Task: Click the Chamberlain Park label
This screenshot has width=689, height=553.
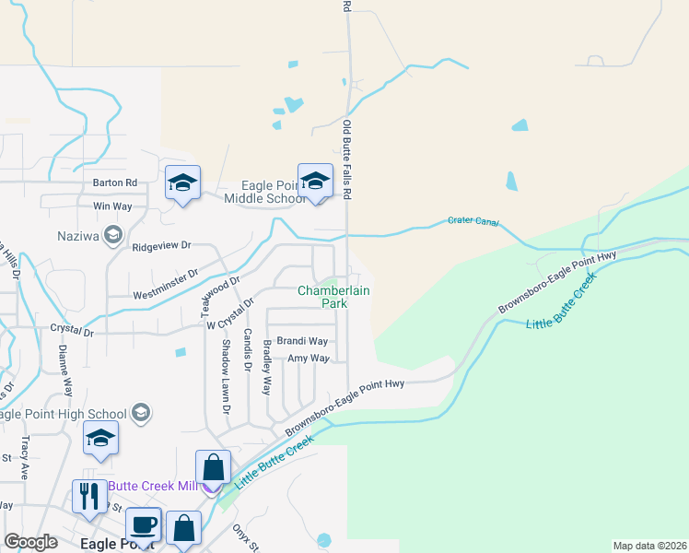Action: pos(321,296)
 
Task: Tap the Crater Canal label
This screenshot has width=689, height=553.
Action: pos(473,221)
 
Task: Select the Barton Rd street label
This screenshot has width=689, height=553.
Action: pos(114,182)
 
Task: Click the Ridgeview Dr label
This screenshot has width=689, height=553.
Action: pos(160,246)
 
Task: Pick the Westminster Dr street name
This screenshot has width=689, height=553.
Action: pos(166,283)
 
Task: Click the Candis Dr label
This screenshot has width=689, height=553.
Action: pos(247,348)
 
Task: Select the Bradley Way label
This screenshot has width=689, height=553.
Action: pos(267,367)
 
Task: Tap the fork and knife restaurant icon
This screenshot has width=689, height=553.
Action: pos(89,496)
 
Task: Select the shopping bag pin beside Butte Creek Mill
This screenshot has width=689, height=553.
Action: pos(214,466)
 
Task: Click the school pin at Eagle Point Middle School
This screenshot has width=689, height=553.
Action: pos(315,181)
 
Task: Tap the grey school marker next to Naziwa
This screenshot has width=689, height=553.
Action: pos(113,235)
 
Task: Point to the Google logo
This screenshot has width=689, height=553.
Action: pos(30,541)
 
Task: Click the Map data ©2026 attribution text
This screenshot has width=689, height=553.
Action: pos(648,546)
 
